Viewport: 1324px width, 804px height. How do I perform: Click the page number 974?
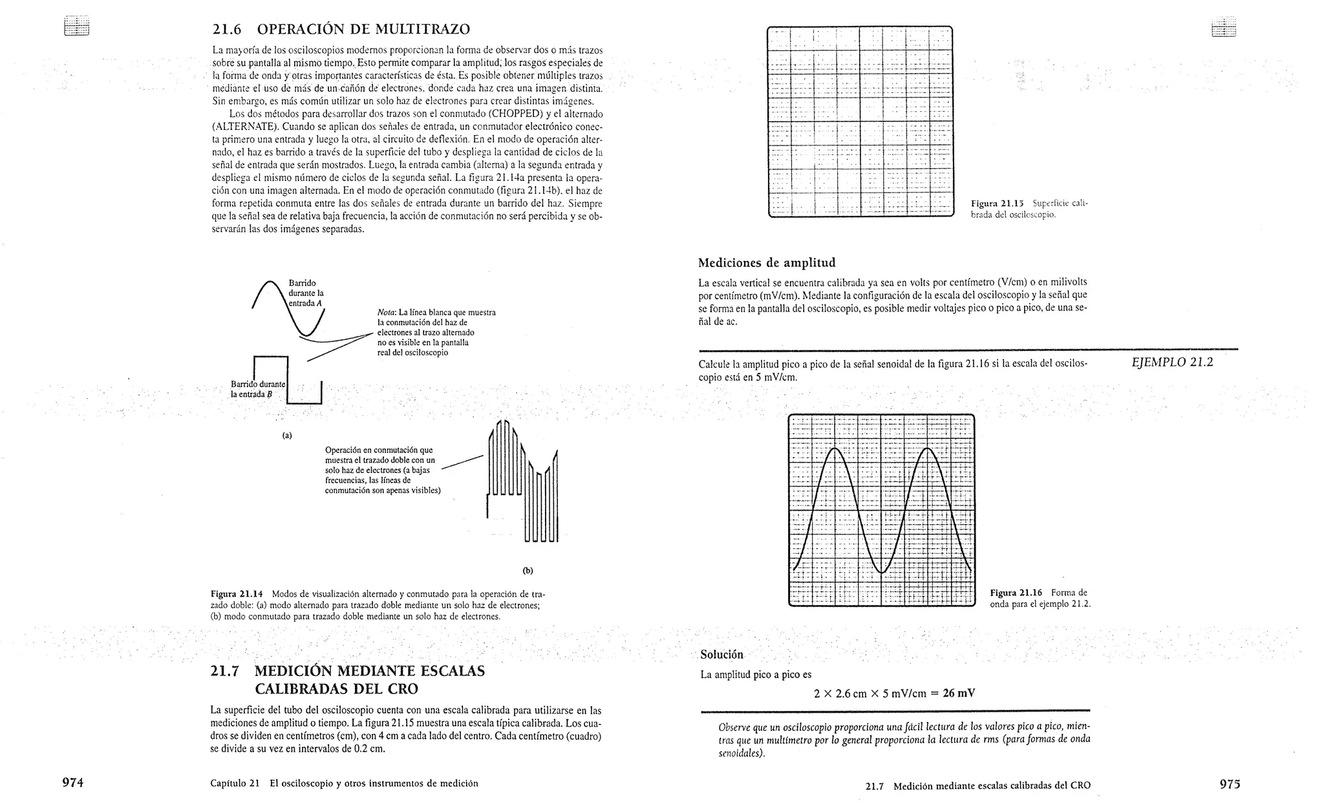[72, 783]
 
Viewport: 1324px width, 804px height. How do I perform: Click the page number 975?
[1230, 784]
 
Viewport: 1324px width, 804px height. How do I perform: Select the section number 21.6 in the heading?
[226, 30]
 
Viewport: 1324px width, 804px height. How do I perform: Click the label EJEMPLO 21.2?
[1172, 363]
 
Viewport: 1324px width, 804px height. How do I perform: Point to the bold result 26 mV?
[959, 693]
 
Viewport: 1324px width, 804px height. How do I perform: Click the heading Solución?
[722, 655]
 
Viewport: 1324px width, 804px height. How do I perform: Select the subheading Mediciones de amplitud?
[767, 262]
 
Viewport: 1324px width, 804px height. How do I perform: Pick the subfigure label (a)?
[287, 436]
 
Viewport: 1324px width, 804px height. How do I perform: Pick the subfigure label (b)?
[528, 571]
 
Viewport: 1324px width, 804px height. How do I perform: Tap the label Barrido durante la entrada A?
[305, 293]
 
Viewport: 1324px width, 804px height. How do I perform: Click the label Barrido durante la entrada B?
[257, 389]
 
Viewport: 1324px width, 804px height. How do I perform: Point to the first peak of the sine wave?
[834, 449]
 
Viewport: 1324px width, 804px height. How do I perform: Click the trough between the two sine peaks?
[881, 572]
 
